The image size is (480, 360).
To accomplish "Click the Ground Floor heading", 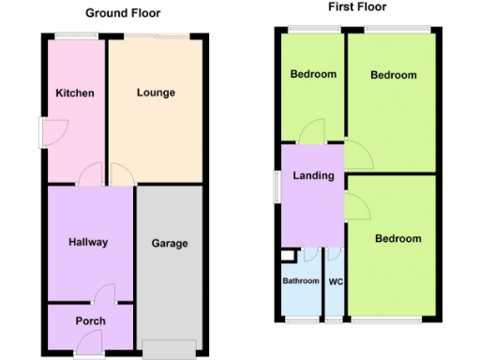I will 123,13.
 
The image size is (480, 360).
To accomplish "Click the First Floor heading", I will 357,7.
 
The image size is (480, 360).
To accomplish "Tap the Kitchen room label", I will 74,94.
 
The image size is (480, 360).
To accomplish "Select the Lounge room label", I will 156,93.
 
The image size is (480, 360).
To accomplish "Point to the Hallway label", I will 88,242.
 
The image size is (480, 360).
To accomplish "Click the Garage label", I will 170,244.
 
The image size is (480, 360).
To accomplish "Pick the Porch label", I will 91,321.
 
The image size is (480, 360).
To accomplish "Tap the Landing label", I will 313,175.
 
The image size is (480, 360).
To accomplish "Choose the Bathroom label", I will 300,280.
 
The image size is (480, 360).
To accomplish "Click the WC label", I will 335,280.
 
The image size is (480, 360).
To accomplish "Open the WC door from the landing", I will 336,254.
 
